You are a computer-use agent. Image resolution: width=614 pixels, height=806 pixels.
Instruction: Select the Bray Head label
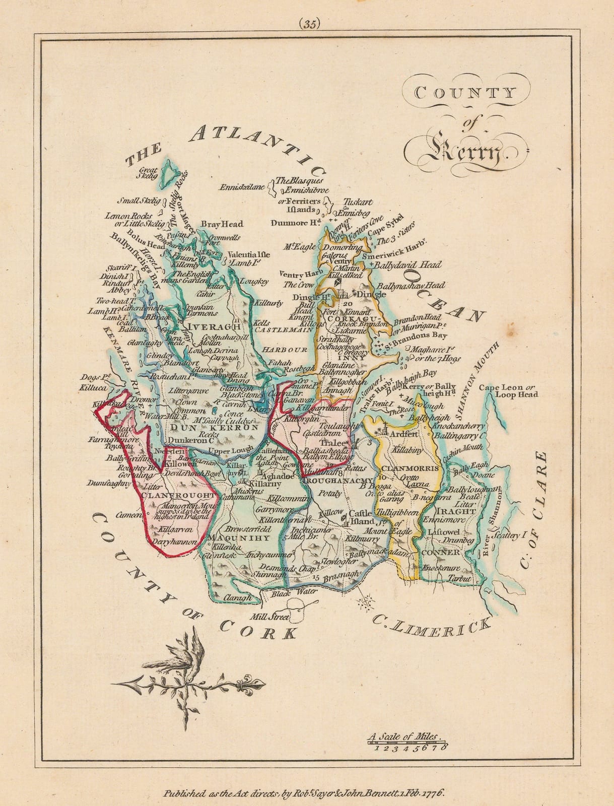point(222,224)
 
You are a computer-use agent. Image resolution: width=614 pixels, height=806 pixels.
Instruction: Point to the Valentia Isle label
point(249,254)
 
